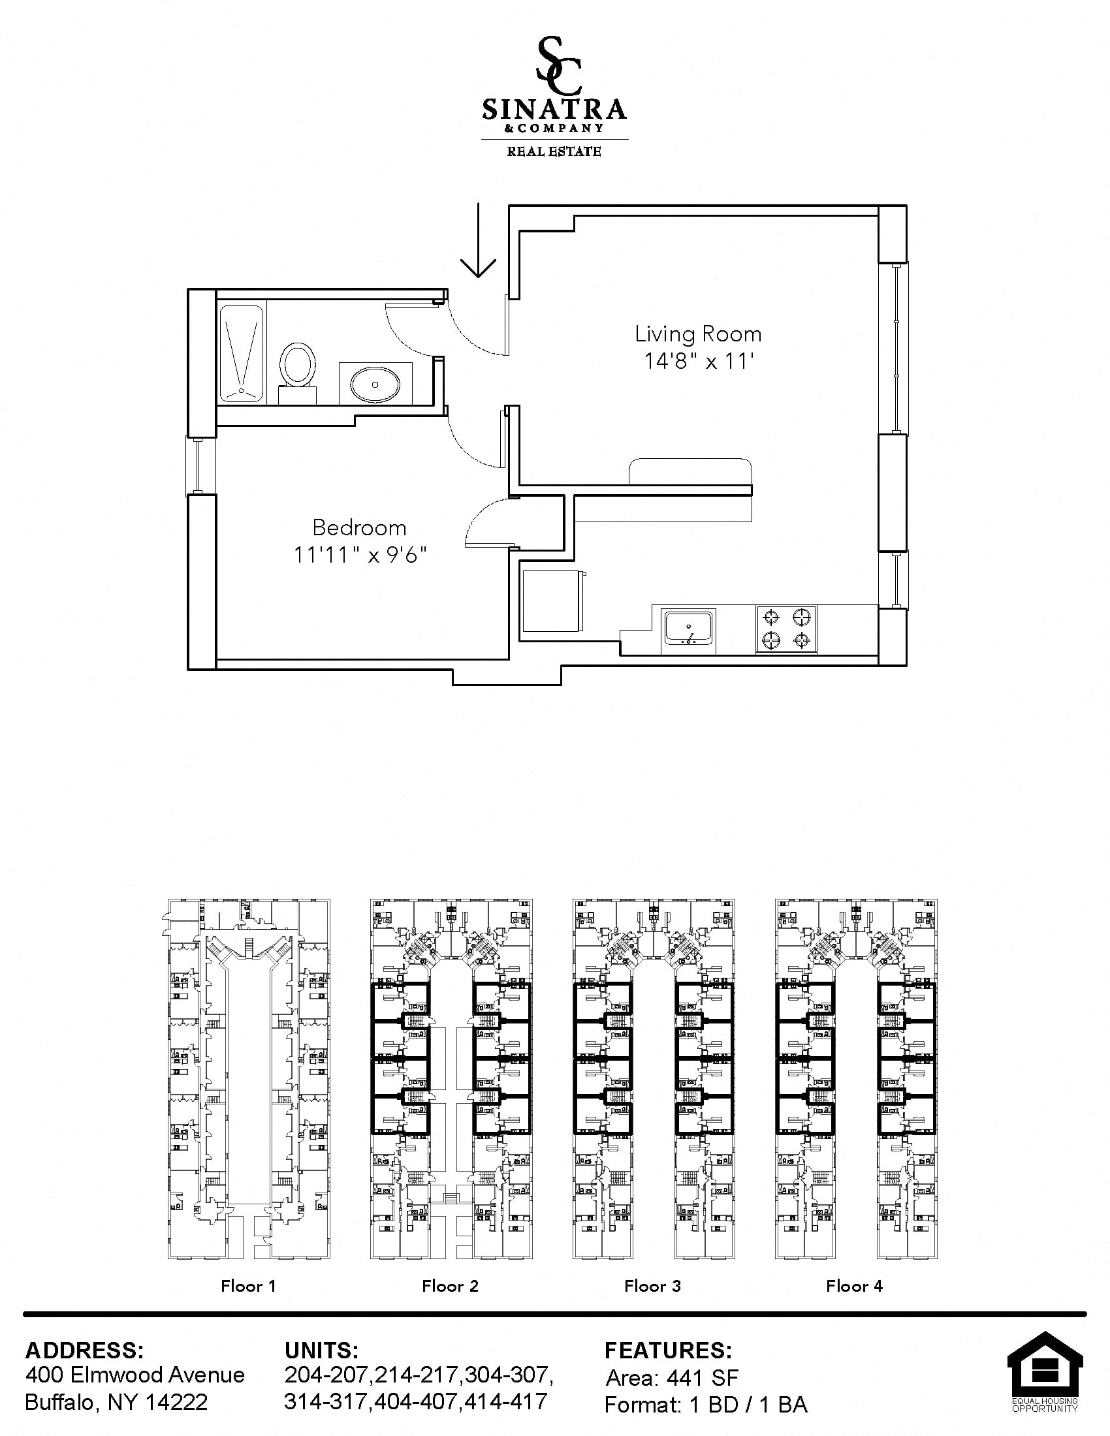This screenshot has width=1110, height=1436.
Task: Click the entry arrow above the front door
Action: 478,240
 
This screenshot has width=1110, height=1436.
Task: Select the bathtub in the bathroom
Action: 240,353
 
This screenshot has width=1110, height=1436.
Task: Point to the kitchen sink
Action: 688,629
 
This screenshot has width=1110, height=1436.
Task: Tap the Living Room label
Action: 698,334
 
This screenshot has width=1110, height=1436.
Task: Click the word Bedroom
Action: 359,528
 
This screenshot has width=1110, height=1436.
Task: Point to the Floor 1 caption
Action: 249,1286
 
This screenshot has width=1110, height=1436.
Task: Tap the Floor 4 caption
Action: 854,1286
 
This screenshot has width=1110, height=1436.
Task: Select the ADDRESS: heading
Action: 85,1350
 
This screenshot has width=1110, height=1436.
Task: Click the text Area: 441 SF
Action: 672,1377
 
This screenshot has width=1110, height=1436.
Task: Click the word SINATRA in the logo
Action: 554,109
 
